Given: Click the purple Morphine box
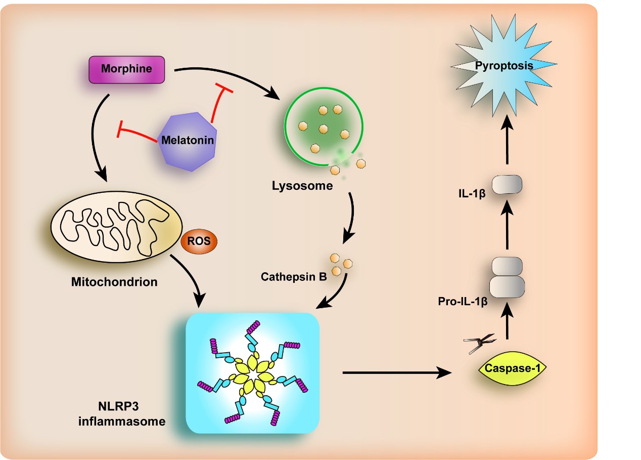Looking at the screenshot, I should click(126, 69).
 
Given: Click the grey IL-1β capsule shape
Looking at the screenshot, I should click(507, 185).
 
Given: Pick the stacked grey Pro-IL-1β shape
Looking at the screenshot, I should click(507, 276).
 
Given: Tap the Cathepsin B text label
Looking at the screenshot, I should click(293, 277).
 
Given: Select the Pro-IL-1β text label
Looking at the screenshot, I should click(463, 302).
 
